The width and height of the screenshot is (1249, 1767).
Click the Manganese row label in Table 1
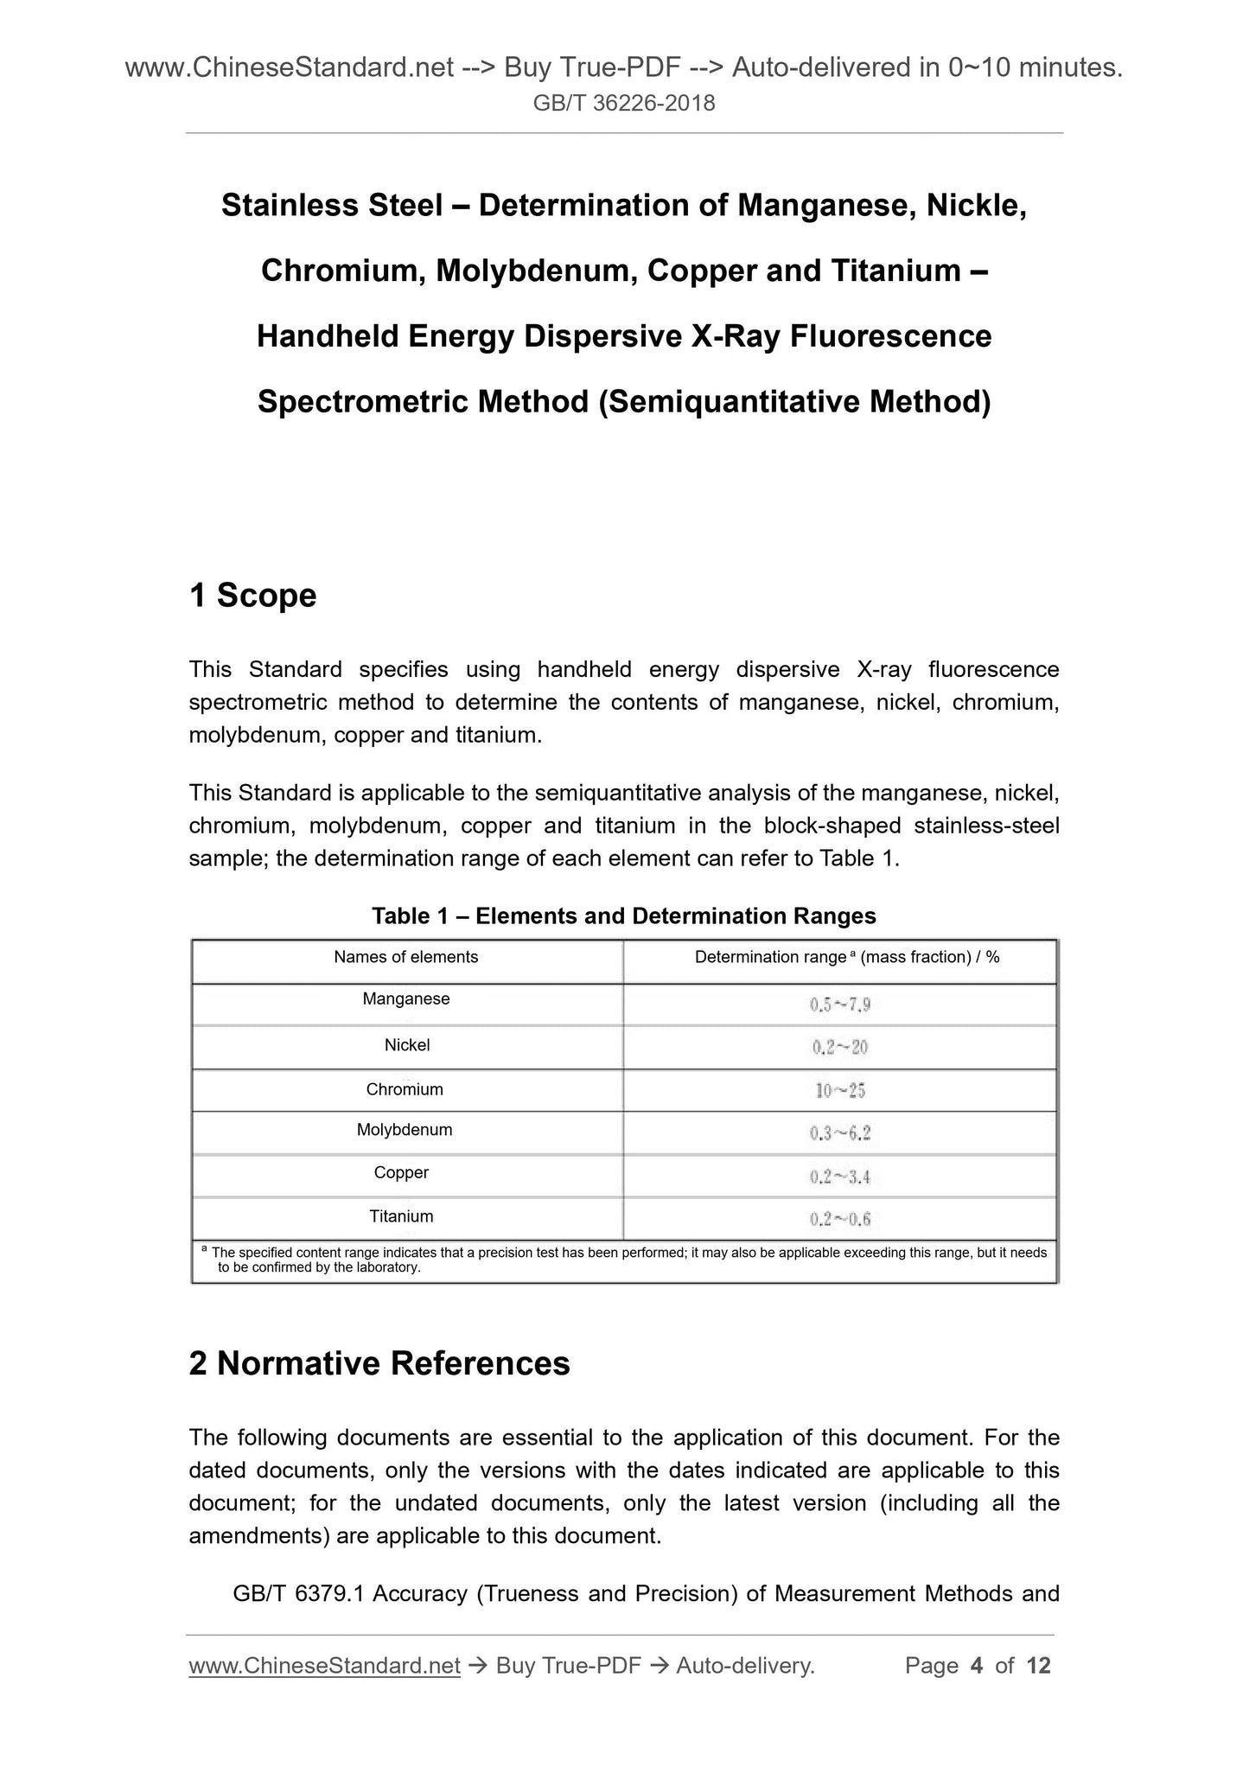tap(406, 999)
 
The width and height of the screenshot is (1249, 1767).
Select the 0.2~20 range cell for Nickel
tap(839, 1048)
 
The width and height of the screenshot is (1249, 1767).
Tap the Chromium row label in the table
tap(405, 1089)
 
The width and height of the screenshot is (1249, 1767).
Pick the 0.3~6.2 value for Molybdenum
tap(839, 1133)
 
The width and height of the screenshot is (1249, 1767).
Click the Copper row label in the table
tap(401, 1173)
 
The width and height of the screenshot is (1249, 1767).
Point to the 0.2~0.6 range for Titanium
tap(839, 1219)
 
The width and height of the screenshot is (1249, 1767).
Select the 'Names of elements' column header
tap(406, 957)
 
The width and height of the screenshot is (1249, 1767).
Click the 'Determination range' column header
tap(846, 957)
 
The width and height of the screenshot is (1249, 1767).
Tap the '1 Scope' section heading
tap(252, 596)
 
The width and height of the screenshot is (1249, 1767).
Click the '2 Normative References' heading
tap(379, 1363)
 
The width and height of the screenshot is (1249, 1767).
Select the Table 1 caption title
tap(623, 916)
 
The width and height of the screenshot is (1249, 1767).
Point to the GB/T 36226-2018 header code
tap(624, 104)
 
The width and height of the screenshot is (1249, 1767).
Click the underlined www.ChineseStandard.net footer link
tap(324, 1666)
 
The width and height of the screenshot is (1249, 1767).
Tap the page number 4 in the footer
tap(977, 1666)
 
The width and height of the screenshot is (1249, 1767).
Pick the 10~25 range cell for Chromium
tap(839, 1090)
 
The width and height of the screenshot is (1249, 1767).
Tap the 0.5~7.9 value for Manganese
tap(839, 1005)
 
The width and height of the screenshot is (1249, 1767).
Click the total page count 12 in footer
tap(1038, 1666)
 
